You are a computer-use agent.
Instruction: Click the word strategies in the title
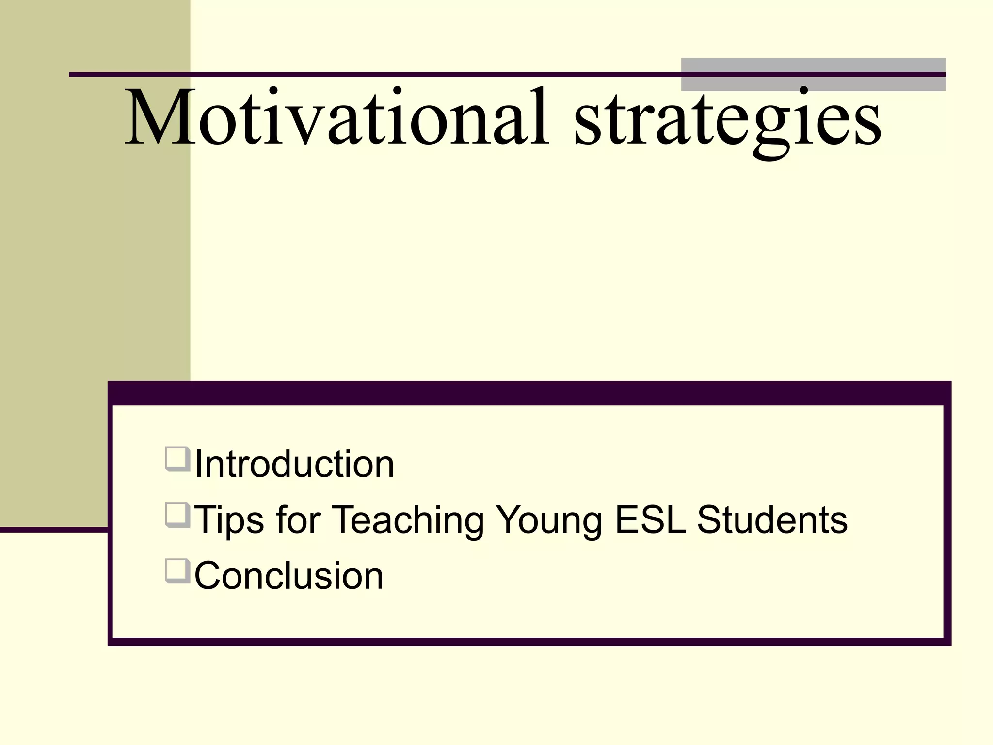pos(727,119)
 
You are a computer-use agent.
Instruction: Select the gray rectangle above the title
pos(813,65)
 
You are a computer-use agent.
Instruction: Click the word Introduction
pos(294,464)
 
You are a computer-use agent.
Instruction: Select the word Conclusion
pos(289,576)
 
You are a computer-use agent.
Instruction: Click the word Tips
pos(229,520)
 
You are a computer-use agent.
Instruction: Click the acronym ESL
pos(650,520)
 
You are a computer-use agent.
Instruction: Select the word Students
pos(772,520)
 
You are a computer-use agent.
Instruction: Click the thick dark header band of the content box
pos(529,393)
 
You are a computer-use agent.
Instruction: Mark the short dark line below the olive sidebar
pos(53,530)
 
